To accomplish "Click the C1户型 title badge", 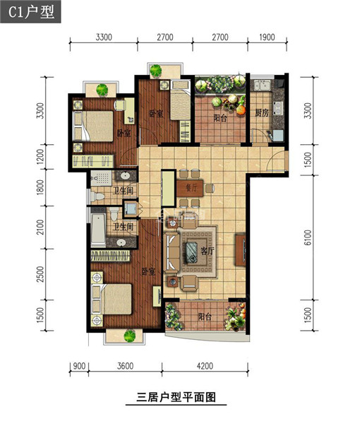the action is pos(30,11).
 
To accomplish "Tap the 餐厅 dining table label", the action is pos(191,187).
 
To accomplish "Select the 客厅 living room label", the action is pos(207,251).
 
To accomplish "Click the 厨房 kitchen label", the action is pos(262,113).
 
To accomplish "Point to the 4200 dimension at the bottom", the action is pos(205,366).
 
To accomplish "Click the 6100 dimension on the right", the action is pos(307,237).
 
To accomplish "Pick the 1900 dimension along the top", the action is pos(267,37).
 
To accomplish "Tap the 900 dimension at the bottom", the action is pos(79,366).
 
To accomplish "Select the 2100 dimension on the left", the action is pos(40,228).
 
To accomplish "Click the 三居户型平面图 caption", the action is pos(176,397).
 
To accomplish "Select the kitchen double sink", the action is pos(261,86).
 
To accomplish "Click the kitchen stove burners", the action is pos(278,108).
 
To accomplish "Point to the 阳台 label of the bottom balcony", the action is pos(205,317).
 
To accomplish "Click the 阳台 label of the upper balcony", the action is pos(220,118).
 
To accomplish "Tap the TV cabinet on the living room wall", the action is pos(240,250).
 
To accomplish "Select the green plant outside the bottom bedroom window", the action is pos(130,336).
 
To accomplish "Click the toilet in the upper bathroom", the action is pos(97,196).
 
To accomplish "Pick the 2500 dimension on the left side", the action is pos(40,274).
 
